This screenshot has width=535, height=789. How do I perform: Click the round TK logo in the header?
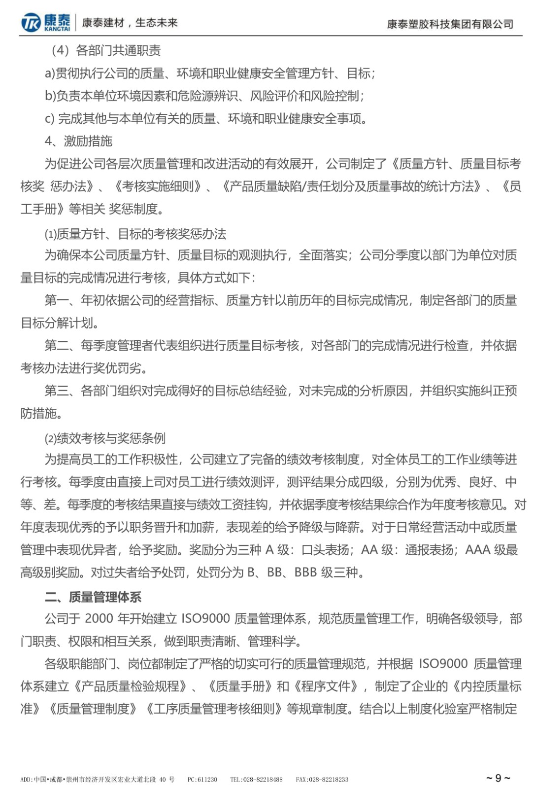pos(31,23)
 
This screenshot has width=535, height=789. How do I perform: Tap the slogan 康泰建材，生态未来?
pos(129,23)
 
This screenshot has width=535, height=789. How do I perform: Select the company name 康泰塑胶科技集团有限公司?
pos(450,24)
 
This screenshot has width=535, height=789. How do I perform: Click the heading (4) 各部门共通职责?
pos(106,50)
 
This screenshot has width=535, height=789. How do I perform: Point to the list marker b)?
pos(50,96)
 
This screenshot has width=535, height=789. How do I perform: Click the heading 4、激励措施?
pos(79,141)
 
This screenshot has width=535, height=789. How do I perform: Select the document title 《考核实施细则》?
pos(158,186)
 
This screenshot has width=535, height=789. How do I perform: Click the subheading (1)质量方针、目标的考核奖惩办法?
pos(135,233)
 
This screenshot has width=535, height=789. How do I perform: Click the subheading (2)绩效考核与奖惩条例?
pos(105,438)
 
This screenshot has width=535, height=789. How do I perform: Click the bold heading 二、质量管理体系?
pos(93,597)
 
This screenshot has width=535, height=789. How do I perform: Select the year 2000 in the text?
pos(99,618)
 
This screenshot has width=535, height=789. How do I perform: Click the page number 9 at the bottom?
pos(498,778)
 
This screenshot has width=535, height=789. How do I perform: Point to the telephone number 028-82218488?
pos(263,780)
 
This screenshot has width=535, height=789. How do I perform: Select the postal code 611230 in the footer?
pos(207,780)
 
